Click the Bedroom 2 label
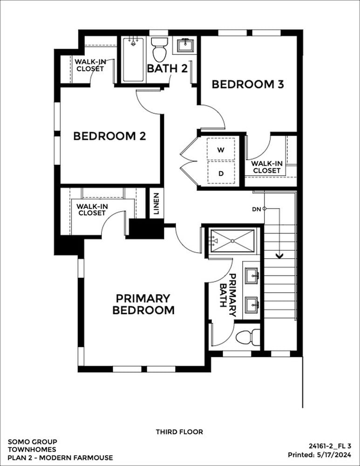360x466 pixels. click(x=109, y=136)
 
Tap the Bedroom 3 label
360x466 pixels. click(x=248, y=84)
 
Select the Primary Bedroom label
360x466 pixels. click(x=143, y=304)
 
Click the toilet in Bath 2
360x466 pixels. click(x=159, y=50)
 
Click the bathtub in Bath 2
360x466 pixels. click(x=133, y=60)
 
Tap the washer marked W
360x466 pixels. click(x=221, y=150)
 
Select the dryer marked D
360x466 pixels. click(x=221, y=173)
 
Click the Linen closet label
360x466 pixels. click(x=156, y=204)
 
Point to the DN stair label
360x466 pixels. click(x=256, y=209)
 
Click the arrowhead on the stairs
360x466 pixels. click(x=279, y=255)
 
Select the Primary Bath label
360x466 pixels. click(x=228, y=295)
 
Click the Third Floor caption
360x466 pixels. click(x=179, y=432)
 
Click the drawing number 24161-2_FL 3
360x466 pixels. click(x=330, y=446)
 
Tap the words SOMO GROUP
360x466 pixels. click(x=33, y=442)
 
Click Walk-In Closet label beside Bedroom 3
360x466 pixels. click(x=267, y=167)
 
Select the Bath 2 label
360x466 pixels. click(x=168, y=69)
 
